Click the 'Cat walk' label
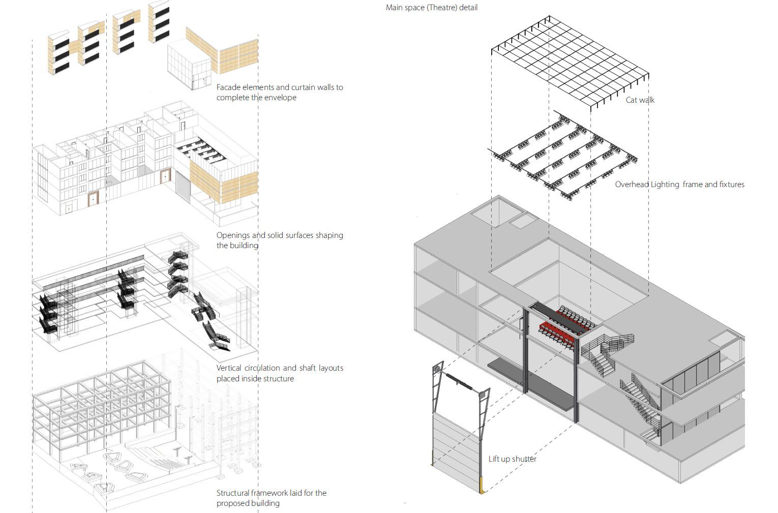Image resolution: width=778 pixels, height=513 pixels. coord(640,100)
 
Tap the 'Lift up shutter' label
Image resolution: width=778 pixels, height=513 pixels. coord(512,459)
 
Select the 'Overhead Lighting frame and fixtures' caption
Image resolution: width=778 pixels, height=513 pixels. coord(679,185)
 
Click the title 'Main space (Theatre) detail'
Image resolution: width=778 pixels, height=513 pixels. coord(431,8)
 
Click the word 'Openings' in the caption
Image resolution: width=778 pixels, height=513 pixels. coord(233,235)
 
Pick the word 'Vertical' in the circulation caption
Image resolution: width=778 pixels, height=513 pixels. coord(230,368)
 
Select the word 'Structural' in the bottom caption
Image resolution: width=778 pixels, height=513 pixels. coord(233,493)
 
